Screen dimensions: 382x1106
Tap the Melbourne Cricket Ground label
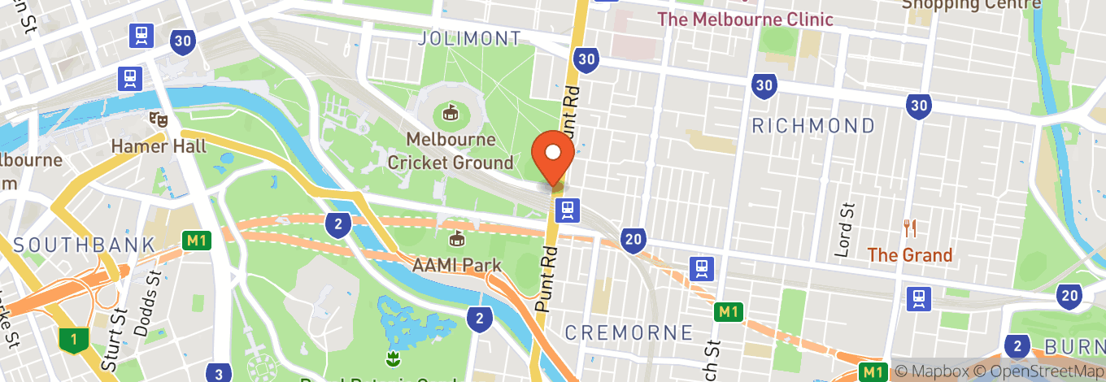pos(451,151)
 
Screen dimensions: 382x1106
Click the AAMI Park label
pos(455,266)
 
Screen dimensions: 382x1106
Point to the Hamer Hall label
pos(160,146)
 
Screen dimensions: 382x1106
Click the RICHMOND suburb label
pos(813,126)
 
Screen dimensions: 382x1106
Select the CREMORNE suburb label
pos(629,332)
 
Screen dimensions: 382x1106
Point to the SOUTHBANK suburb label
pos(84,245)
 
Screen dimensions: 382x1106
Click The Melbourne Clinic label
pos(745,20)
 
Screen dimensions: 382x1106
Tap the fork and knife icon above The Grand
pos(910,228)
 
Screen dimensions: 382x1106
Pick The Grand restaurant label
pos(909,255)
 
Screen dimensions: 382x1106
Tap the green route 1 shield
pos(74,340)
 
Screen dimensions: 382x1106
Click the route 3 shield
pos(218,374)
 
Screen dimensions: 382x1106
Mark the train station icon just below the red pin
pos(567,211)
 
